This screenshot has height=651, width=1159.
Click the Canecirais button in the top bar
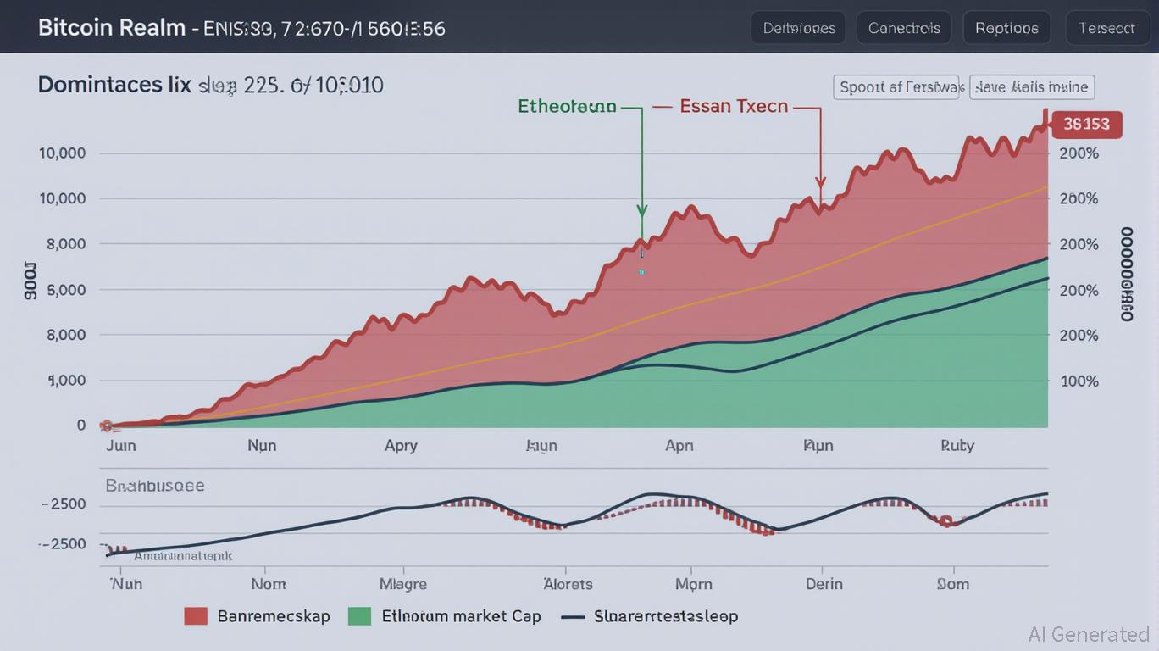coord(904,28)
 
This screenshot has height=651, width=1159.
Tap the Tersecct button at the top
coord(1106,28)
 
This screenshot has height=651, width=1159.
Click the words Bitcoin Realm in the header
coord(111,27)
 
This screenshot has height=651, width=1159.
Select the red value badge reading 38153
coord(1086,125)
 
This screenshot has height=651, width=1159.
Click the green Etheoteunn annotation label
coord(567,107)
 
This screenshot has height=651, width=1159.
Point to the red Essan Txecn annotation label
coord(734,107)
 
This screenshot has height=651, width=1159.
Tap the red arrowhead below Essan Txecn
coord(820,181)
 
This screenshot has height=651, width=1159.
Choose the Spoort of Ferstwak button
coord(898,87)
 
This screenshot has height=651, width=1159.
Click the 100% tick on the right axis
coord(1079,381)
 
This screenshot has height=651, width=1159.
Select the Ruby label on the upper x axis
coord(957,446)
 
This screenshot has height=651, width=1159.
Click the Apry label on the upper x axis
coord(401,446)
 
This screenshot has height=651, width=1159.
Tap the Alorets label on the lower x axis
coord(567,584)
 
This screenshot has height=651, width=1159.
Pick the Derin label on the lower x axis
coord(823,584)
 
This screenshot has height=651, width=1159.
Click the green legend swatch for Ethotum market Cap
coord(359,616)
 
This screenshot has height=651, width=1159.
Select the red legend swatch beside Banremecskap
coord(196,616)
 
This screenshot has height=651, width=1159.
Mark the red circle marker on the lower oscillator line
coord(946,520)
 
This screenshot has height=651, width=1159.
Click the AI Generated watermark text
coord(1089,634)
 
